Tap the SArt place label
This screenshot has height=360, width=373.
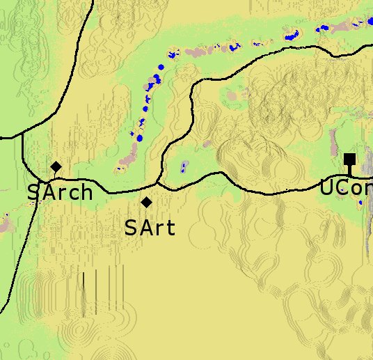coord(150,227)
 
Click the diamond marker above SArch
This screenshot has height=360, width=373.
coord(56,167)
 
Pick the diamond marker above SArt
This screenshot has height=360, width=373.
coord(147,202)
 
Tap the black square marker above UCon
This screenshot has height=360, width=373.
coord(349,159)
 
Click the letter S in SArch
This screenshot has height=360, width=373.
coord(33,192)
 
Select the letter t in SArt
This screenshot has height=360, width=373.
coord(170,228)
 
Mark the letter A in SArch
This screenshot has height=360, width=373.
coord(48,192)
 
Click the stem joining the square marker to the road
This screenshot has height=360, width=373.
coord(349,171)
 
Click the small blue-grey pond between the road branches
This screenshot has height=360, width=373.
coord(184,166)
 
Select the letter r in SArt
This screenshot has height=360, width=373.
coord(159,228)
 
